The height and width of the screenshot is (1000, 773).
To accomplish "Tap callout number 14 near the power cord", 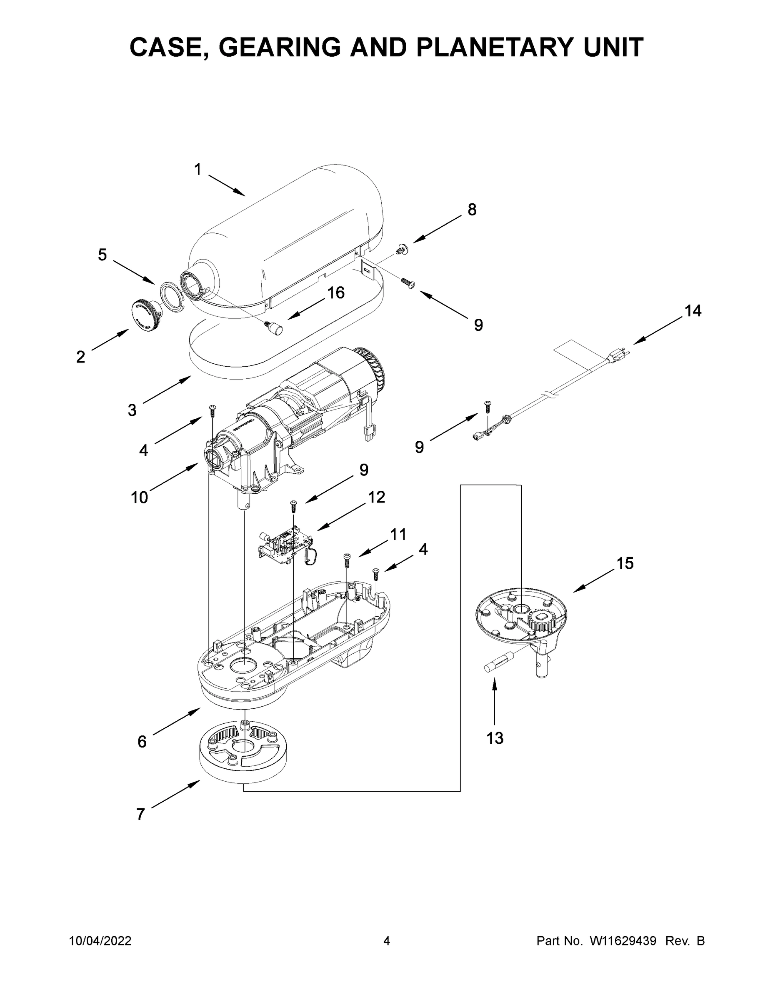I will pos(693,311).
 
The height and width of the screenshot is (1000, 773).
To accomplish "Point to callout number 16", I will pos(336,292).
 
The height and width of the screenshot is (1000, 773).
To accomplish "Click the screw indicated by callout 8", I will pos(402,250).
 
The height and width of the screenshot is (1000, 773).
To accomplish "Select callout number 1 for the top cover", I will pos(198,170).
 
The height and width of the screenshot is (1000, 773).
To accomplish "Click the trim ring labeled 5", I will pos(172,296).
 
